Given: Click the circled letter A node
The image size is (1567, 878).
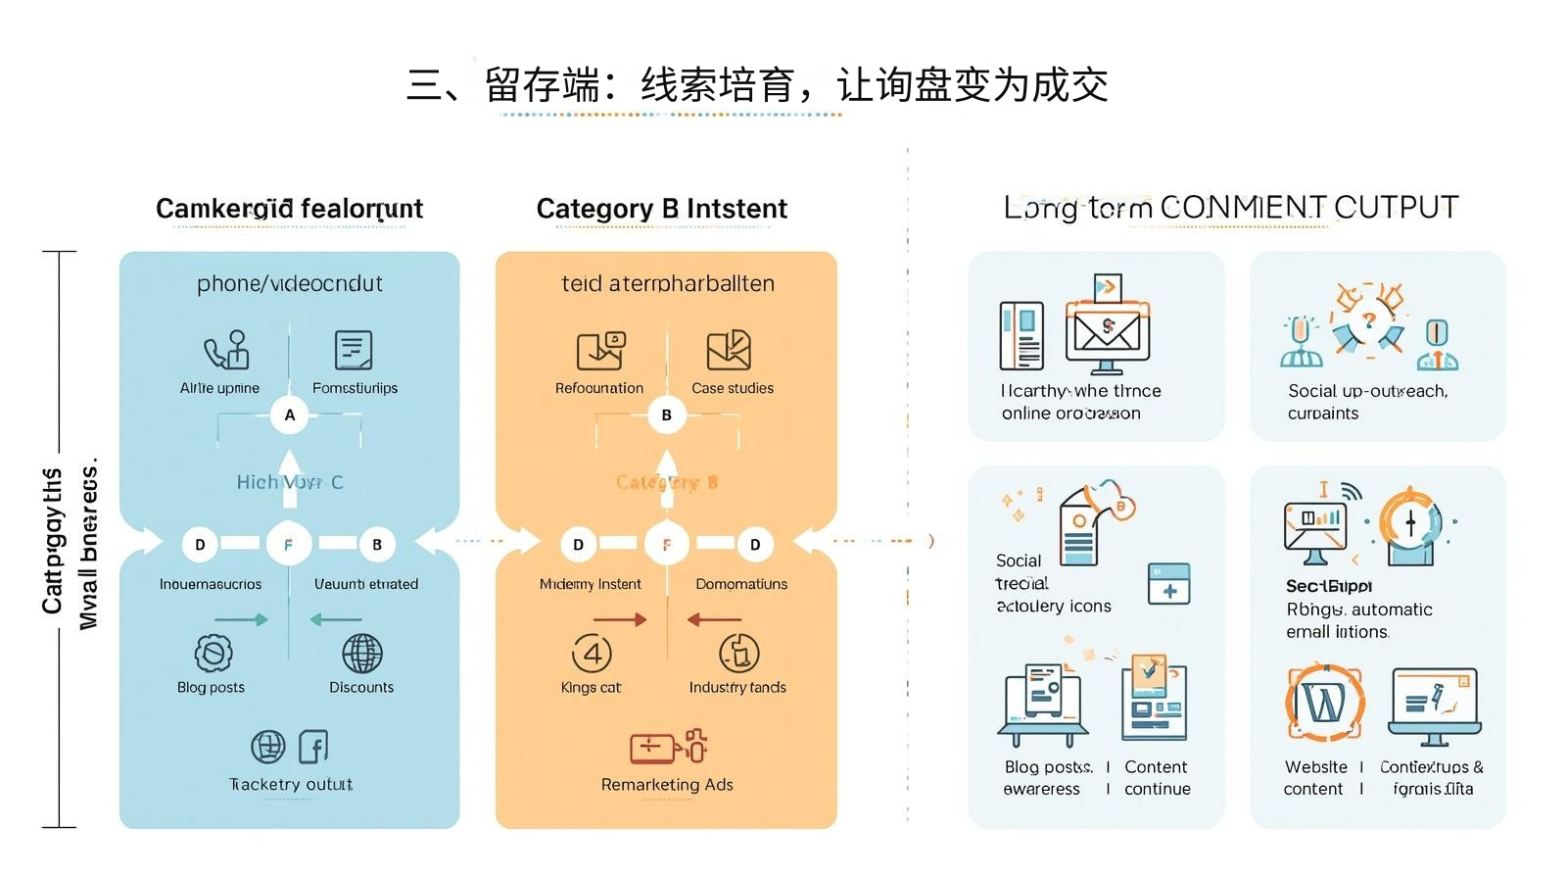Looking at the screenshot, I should coord(289,415).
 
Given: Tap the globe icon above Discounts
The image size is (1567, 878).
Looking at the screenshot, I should coord(361,653).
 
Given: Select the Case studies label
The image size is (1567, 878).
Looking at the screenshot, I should coord(733,388).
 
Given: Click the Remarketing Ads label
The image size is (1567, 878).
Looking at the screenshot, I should coord(667,784).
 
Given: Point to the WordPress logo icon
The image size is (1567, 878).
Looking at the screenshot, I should coord(1324,702).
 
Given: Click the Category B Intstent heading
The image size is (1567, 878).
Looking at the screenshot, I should coord(661,209).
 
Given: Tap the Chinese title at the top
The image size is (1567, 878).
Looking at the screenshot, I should coord(757,86).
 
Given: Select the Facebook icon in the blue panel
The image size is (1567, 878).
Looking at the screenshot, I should coord(312,748).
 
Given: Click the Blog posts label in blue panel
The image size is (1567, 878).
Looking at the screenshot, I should coord(211,687).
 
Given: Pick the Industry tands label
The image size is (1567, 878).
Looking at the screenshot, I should coord(737,687).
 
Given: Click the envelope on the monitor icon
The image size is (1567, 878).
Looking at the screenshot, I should coord(1108,330).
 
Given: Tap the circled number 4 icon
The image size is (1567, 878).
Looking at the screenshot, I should coord(592,653).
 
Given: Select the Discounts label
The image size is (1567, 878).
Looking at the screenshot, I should coord(361,687).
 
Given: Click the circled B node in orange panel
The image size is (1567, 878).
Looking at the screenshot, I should coord(666,415).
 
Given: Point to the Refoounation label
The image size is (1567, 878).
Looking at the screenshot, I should coord(599,388).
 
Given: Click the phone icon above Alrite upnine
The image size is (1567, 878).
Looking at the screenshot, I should coord(225,350).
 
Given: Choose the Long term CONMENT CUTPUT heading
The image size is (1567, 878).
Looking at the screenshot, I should coord(1231,208).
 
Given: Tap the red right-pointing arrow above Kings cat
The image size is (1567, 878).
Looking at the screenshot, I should coord(620,619).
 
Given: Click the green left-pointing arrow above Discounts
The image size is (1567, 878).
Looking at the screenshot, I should coord(336,619).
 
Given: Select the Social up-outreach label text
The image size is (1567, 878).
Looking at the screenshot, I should coord(1367,391).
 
